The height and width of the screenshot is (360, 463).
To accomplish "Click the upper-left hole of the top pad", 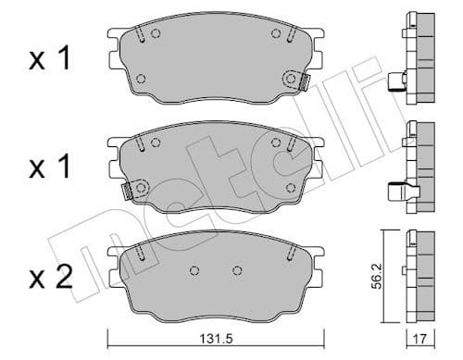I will click(155, 35).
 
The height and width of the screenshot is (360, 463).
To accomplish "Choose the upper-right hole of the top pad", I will click(276, 35).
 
